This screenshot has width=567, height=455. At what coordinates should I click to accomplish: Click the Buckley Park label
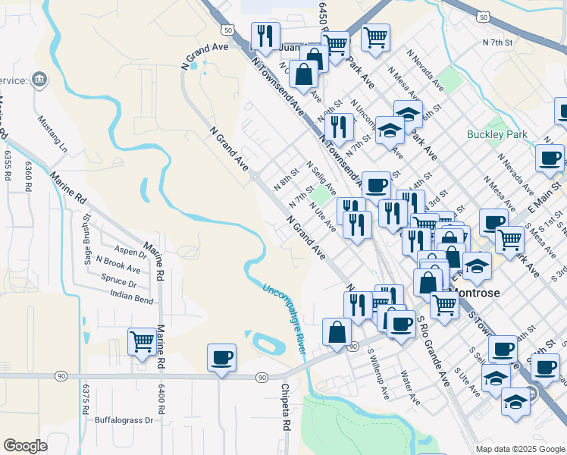(x=497, y=135)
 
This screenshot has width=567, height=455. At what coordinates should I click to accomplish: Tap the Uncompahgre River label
(x=283, y=318)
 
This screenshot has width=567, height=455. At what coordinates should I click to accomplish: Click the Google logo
(x=25, y=446)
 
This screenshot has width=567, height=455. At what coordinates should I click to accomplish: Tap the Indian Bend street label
(x=132, y=296)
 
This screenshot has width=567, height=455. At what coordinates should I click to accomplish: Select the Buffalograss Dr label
(x=124, y=419)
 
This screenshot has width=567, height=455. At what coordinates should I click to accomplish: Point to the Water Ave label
(x=410, y=386)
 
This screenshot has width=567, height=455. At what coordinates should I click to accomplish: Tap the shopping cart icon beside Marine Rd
(x=142, y=342)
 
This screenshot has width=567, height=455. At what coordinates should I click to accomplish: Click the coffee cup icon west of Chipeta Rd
(x=221, y=357)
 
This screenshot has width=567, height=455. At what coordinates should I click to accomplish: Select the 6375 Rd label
(x=86, y=402)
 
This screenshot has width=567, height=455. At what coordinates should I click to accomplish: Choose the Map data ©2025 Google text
(x=519, y=449)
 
